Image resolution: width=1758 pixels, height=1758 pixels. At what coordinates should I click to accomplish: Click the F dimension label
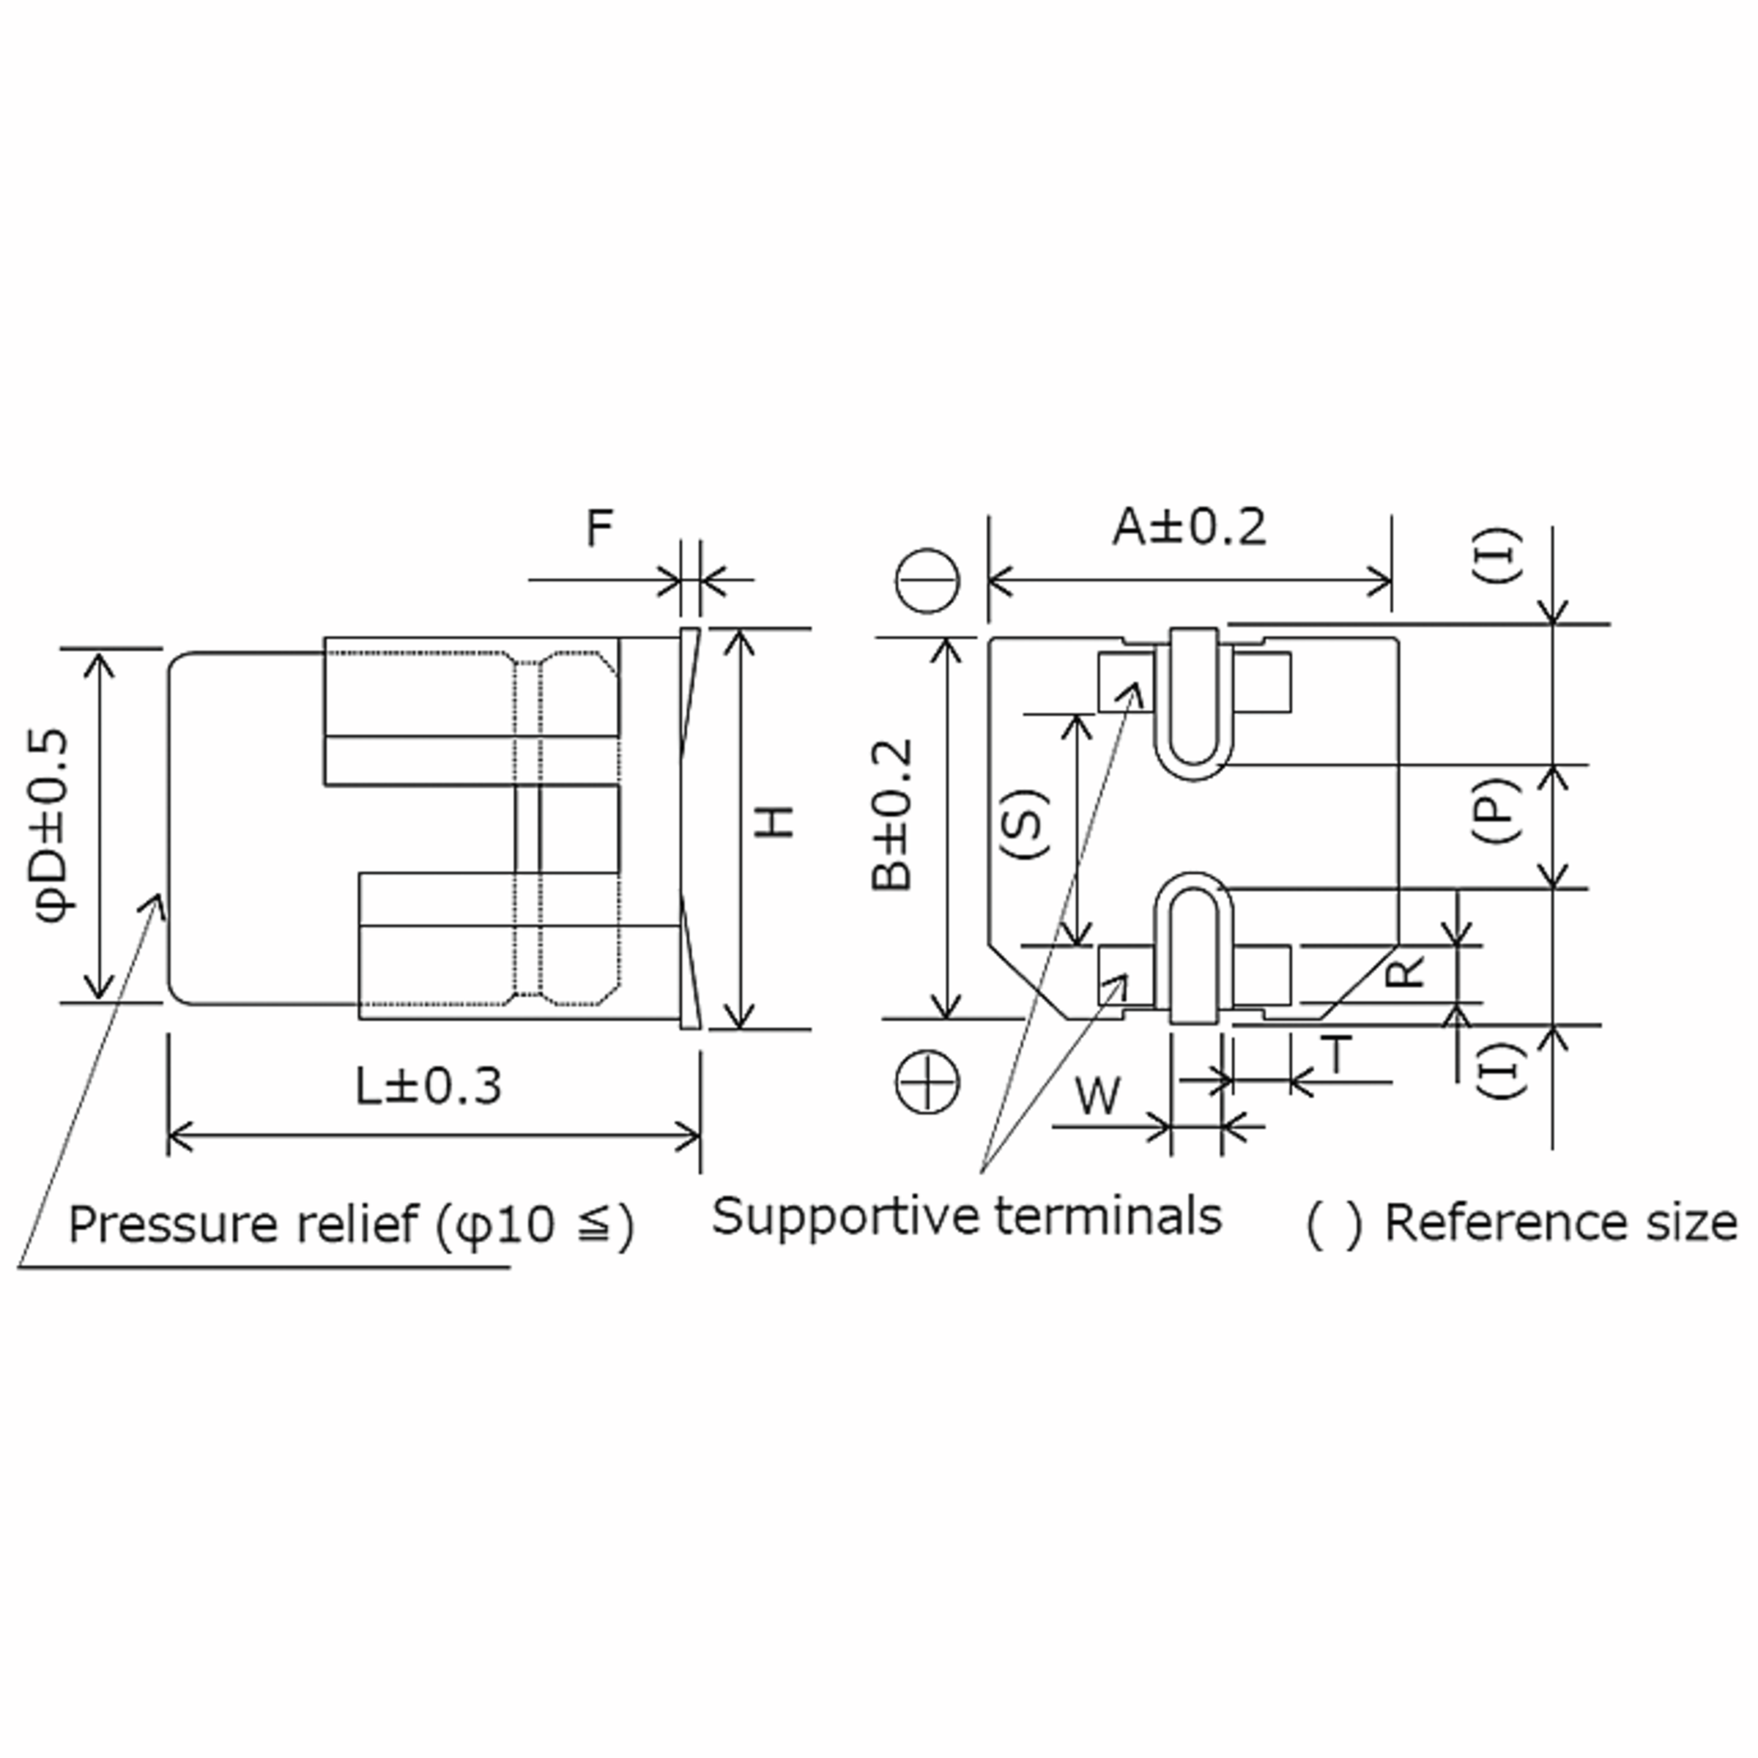598,529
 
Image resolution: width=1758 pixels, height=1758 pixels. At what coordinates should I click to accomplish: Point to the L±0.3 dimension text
428,1086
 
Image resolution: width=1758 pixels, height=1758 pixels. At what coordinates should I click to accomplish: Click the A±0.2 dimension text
1188,527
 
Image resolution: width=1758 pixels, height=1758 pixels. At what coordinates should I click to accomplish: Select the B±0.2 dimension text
891,815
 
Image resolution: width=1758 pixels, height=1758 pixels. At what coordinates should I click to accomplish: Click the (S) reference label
1025,824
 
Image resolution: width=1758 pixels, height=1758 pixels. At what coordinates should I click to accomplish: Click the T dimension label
1338,1056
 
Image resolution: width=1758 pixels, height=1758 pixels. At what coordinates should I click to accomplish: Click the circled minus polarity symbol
927,581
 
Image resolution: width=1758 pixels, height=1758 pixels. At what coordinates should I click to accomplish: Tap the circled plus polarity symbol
927,1082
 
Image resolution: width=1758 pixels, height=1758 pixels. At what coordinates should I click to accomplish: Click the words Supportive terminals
966,1216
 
